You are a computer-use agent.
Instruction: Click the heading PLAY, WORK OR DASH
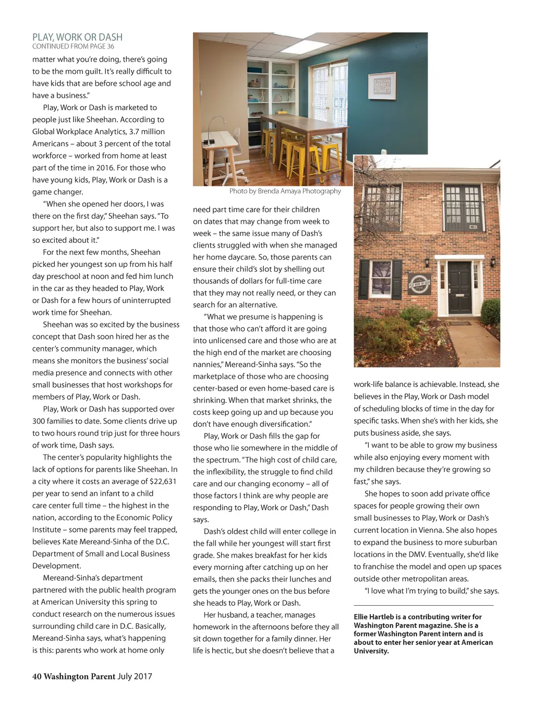click(77, 37)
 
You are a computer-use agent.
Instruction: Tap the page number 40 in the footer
click(37, 676)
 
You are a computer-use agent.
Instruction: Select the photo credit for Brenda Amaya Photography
click(285, 191)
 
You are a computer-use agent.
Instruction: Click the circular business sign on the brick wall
click(419, 284)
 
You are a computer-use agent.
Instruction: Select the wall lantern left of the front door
click(428, 261)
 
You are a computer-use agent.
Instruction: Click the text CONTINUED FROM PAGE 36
click(73, 46)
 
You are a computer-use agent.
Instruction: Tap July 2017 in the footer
click(135, 676)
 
